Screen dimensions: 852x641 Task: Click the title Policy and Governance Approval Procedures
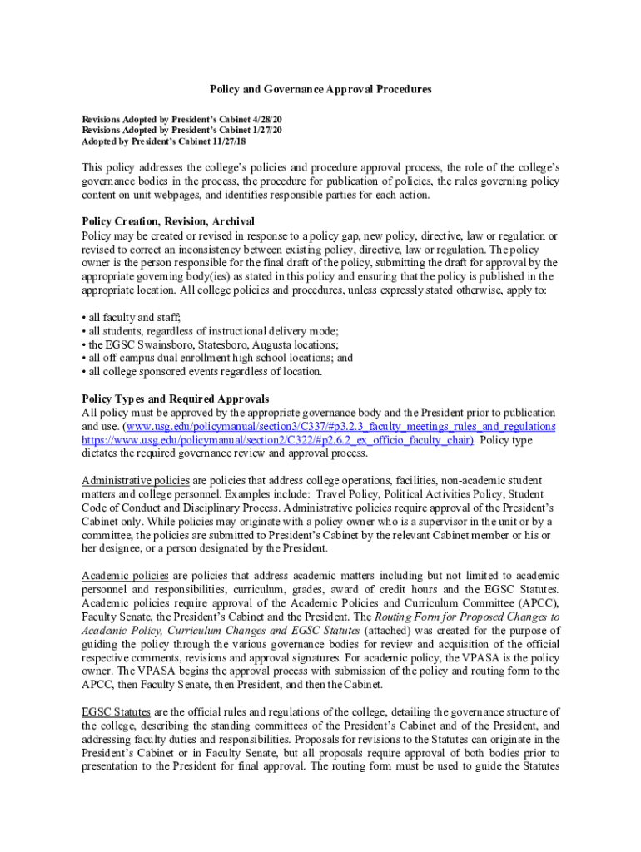[320, 89]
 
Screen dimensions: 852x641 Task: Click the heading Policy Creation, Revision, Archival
[167, 221]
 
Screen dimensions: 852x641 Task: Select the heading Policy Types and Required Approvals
[175, 399]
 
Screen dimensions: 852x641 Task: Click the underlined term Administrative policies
[136, 481]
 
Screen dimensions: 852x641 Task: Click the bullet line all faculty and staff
[134, 318]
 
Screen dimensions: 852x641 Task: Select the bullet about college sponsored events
[204, 371]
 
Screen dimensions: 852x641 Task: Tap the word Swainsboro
[164, 344]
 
